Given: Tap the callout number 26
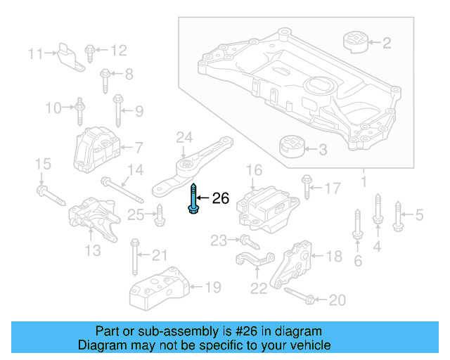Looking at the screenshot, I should click(221, 199).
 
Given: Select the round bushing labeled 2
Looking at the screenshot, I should click(355, 41).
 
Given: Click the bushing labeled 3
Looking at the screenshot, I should click(291, 148).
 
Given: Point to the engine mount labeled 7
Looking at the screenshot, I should click(94, 148).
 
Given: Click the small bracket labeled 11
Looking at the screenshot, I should click(69, 57).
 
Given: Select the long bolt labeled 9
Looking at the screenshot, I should click(117, 110).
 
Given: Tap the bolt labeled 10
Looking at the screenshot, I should click(80, 108).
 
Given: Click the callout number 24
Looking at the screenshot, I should click(184, 136).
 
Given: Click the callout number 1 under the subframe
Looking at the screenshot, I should click(364, 182).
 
